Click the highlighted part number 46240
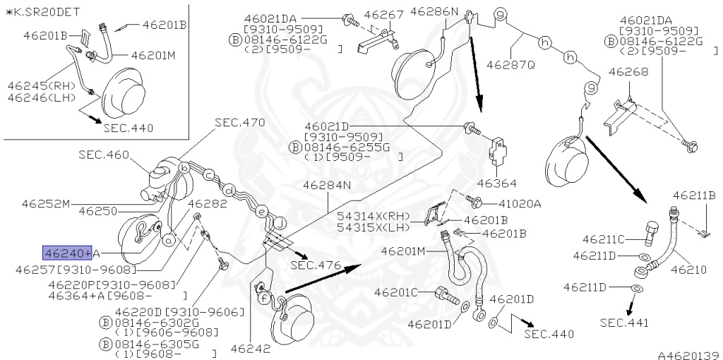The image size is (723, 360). (x=67, y=253)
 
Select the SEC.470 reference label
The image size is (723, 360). (x=240, y=123)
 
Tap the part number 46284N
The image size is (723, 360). (x=328, y=186)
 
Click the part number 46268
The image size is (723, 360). (x=628, y=72)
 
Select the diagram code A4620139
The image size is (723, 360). (x=690, y=355)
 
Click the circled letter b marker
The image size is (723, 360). (x=184, y=168)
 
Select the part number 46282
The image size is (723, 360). (x=208, y=203)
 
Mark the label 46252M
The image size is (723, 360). (x=46, y=203)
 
